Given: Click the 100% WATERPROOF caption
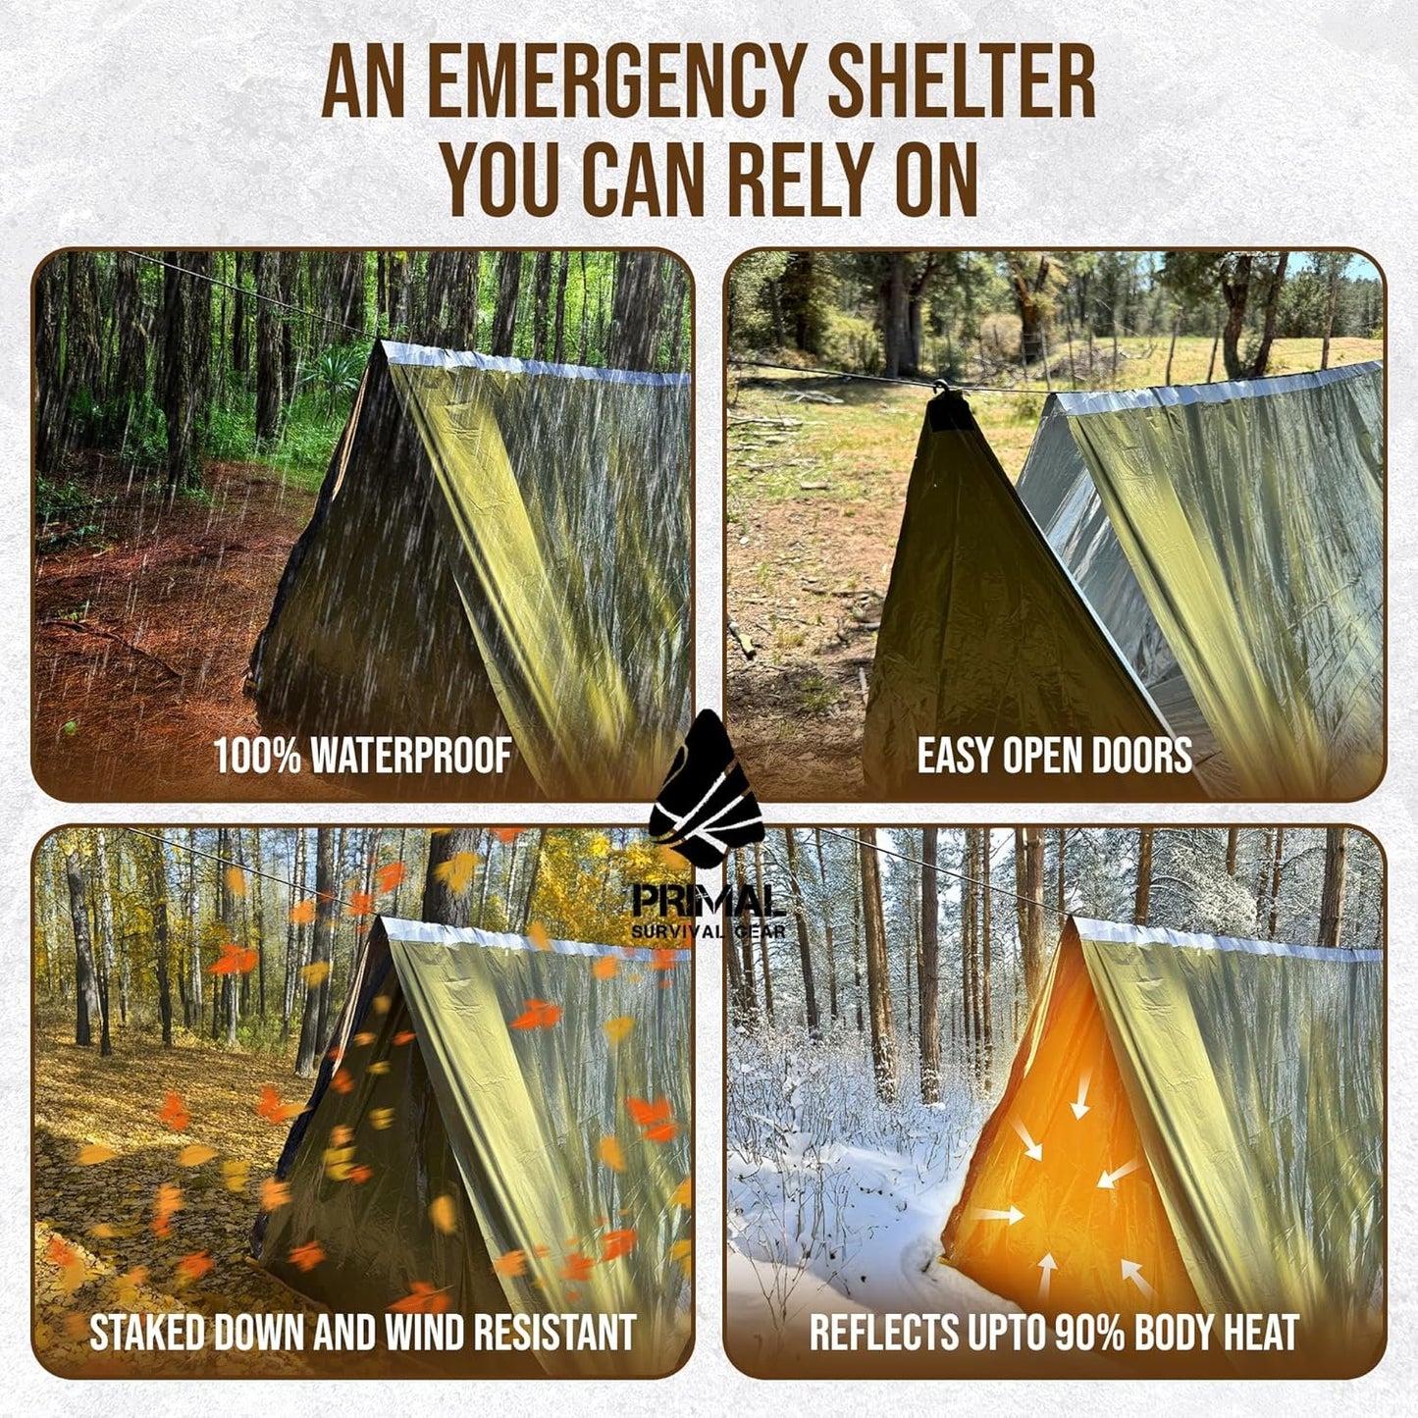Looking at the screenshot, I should tap(363, 756).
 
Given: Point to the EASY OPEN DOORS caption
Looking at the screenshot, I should tap(1055, 756).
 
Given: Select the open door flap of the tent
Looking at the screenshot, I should tap(981, 608).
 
